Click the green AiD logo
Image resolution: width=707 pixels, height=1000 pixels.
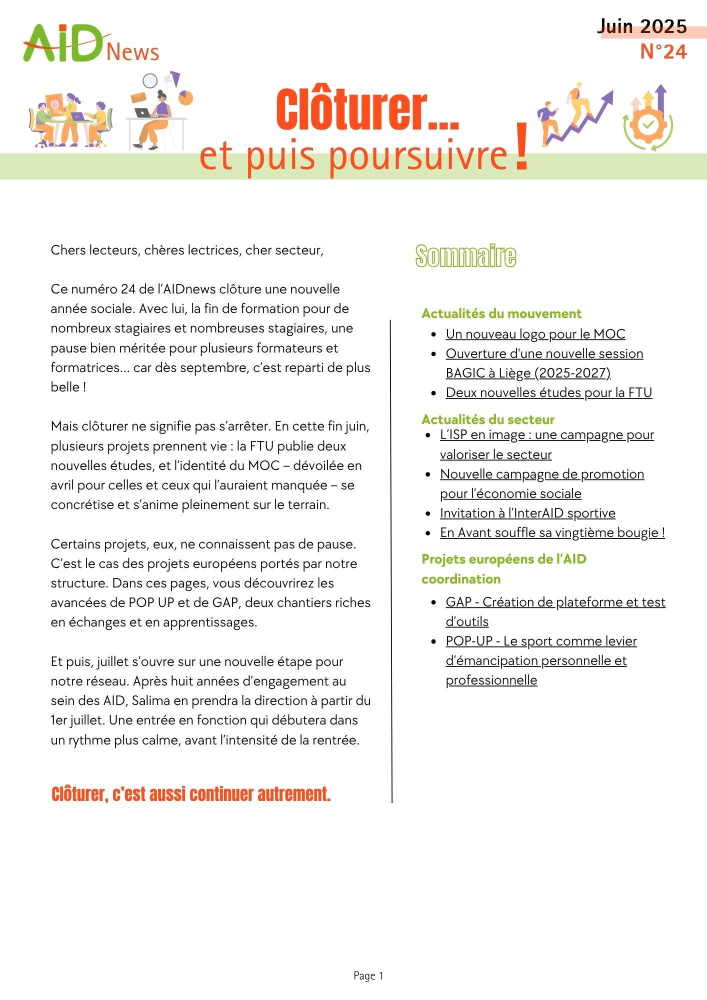point(62,44)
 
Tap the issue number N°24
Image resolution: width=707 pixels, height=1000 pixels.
point(663,51)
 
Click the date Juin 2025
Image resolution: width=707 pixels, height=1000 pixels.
point(642,26)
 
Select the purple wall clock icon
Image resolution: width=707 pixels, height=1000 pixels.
point(150,80)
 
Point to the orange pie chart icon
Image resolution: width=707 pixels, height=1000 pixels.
point(185,97)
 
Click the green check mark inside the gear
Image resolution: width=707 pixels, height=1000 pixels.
point(647,124)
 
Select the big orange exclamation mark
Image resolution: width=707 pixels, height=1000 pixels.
point(521,148)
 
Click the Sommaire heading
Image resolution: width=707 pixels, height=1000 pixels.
point(465,256)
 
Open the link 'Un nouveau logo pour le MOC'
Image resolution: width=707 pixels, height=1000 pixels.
point(535,334)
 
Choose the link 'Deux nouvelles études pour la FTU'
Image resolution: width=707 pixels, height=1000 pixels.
point(548,392)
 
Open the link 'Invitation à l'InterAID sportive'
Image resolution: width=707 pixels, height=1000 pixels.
point(527,513)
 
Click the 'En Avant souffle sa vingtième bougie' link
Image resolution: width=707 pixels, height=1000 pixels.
point(552,532)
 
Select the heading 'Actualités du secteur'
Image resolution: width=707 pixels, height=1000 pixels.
point(487,419)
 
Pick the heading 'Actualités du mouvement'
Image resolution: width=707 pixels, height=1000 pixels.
point(501,313)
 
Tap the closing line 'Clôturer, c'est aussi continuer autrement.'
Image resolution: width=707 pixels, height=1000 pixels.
point(191,794)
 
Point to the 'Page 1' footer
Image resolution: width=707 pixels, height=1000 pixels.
point(368,975)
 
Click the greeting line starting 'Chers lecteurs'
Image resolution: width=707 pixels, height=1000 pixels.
point(187,250)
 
